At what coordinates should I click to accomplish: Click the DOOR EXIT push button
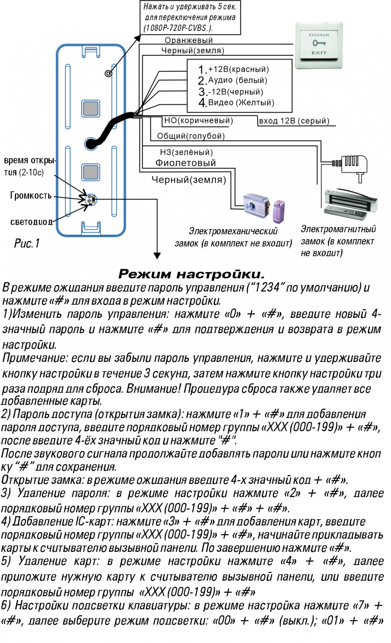[x=319, y=45]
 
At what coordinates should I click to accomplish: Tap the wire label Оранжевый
[x=188, y=40]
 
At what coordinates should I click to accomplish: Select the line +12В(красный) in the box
[x=234, y=70]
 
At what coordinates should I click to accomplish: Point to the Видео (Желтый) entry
[x=236, y=102]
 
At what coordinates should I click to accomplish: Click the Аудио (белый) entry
[x=233, y=80]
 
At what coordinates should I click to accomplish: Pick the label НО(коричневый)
[x=199, y=121]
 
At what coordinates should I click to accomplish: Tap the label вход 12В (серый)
[x=294, y=121]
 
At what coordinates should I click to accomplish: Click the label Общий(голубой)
[x=190, y=136]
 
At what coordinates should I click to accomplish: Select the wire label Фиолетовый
[x=185, y=163]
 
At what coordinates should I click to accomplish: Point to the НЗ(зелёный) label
[x=186, y=152]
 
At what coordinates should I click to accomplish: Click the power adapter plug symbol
[x=349, y=167]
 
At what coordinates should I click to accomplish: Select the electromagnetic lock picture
[x=350, y=204]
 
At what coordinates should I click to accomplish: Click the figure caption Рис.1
[x=27, y=244]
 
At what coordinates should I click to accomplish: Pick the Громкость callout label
[x=31, y=196]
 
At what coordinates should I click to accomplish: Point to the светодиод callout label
[x=31, y=222]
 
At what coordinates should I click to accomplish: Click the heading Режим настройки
[x=191, y=274]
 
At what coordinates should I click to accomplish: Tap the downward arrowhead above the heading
[x=157, y=256]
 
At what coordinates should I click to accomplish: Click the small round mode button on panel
[x=108, y=74]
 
